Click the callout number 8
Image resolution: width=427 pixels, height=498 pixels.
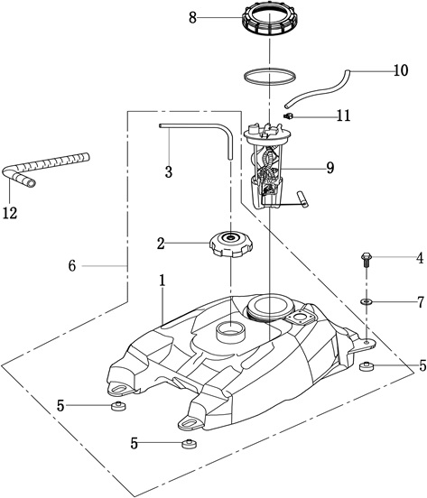[192, 18]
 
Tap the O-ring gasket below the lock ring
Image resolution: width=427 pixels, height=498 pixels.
[270, 77]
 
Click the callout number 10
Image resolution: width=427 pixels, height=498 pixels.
[401, 70]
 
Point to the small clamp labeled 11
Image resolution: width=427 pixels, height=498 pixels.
[288, 115]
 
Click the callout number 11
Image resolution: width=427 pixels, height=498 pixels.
[343, 115]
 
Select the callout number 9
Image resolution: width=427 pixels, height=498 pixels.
[330, 168]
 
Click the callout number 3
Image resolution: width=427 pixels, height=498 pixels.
[169, 171]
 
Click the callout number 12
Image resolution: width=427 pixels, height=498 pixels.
[10, 213]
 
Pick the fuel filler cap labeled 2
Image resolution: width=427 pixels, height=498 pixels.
[231, 244]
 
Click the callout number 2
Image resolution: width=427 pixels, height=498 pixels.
[161, 244]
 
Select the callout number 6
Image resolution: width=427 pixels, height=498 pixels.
[72, 265]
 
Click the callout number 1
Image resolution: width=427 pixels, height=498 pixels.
[162, 281]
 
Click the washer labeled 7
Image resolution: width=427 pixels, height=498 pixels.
[367, 300]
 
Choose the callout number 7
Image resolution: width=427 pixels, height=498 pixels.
[421, 302]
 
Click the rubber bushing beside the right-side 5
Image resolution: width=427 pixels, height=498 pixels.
[367, 366]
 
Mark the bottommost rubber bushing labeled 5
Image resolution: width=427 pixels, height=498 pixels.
[189, 443]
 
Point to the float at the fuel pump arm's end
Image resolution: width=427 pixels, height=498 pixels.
[302, 199]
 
